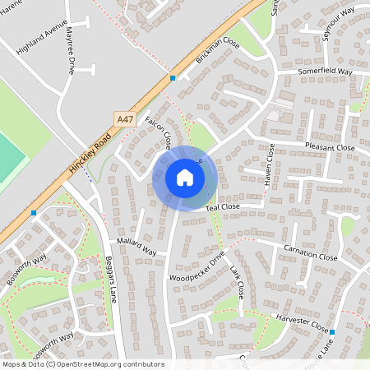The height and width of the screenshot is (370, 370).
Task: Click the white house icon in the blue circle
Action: (184, 177)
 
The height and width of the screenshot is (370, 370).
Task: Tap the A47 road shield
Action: (125, 119)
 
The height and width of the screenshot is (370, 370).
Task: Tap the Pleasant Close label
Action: (329, 148)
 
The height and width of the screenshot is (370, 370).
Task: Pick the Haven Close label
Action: (268, 164)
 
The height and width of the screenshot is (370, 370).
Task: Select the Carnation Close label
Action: (310, 257)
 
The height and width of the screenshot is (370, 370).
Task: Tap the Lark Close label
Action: (238, 282)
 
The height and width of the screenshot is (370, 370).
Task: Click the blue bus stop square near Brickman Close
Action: (173, 78)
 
